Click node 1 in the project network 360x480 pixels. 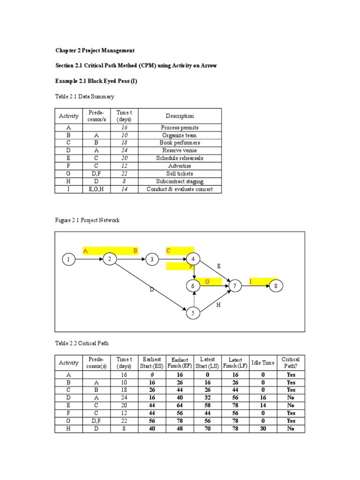68,259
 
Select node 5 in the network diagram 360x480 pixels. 192,313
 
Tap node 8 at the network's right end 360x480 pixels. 276,285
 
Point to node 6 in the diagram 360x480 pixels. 192,285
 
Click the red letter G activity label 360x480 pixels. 206,281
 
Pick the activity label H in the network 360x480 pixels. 218,305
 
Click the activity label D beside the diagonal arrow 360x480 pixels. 151,290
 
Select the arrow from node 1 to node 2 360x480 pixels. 89,259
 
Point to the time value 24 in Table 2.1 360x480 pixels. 125,150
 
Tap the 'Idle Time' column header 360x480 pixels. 263,363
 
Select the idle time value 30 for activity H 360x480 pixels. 263,428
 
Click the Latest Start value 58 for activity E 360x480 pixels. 208,405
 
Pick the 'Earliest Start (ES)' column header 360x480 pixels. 151,363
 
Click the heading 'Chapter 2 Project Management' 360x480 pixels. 95,50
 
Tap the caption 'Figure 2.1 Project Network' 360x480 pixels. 87,220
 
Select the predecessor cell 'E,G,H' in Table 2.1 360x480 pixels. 96,189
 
